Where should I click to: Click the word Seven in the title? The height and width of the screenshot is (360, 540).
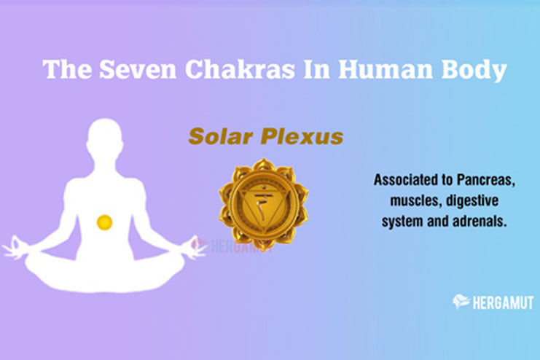point(138,69)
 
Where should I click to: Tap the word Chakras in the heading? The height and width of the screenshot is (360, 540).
point(240,69)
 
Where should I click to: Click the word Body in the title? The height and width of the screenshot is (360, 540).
point(474,70)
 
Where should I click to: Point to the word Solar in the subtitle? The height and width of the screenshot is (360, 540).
point(220,136)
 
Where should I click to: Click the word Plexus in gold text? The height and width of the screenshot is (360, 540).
point(302,136)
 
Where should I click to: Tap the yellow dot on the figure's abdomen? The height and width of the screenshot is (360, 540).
point(105,222)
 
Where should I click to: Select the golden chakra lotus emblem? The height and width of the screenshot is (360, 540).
point(264,203)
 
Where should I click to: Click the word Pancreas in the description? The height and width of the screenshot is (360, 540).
point(485,180)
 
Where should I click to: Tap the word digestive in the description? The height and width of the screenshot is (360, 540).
point(471,201)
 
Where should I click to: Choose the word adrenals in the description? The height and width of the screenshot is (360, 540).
point(480,222)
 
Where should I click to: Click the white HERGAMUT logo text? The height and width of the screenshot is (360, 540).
point(503,303)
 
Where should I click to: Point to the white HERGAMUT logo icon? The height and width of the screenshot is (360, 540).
point(461,302)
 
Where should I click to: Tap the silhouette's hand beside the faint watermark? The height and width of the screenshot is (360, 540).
point(192,247)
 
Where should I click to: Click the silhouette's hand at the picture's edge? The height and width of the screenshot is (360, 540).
point(15,247)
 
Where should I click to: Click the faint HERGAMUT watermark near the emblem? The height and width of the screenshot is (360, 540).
point(234,246)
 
